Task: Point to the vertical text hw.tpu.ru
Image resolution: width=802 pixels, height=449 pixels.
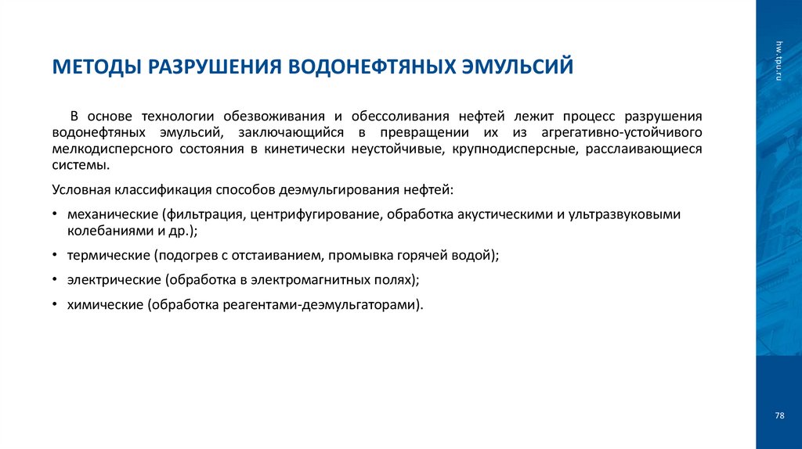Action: point(779,60)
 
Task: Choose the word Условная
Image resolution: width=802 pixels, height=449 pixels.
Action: point(81,189)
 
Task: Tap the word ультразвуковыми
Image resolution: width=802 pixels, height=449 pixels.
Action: point(622,214)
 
